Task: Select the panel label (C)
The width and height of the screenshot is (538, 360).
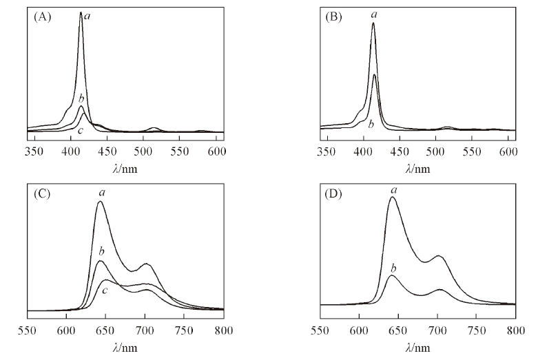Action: [x=41, y=191]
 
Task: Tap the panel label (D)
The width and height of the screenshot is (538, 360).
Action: [x=333, y=191]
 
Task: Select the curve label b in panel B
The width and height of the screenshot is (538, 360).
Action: [x=371, y=124]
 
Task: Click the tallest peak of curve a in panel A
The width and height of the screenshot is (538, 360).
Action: [x=81, y=12]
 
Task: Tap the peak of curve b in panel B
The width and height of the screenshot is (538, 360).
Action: [x=374, y=74]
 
